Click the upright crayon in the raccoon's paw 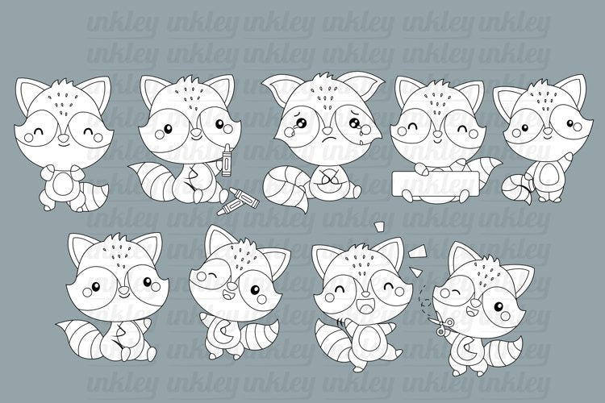tap(225, 160)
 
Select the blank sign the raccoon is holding tap(436, 183)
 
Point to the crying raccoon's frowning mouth tap(328, 138)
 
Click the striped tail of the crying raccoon tap(286, 185)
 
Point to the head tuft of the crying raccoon tap(323, 78)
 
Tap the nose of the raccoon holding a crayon tap(195, 132)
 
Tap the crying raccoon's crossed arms tap(328, 178)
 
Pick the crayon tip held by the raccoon tap(225, 147)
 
